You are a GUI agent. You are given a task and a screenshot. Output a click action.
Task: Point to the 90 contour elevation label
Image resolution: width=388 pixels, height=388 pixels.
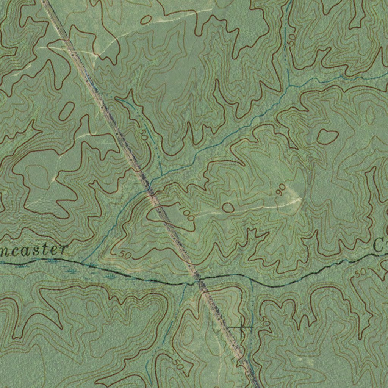point(281,190)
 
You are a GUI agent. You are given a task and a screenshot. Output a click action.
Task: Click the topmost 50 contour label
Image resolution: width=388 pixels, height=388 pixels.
point(291,40)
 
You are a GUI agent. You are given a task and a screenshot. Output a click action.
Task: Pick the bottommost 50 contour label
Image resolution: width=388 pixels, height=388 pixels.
point(178,365)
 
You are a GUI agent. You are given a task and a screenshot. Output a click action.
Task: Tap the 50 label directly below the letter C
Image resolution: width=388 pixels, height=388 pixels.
point(361,272)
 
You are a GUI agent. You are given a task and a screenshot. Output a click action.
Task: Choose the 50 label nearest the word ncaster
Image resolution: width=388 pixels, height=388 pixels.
point(124,255)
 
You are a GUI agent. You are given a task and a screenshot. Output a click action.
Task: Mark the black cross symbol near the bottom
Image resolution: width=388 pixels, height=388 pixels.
point(242,327)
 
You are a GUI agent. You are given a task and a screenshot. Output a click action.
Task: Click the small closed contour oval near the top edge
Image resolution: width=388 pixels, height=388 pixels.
point(146,20)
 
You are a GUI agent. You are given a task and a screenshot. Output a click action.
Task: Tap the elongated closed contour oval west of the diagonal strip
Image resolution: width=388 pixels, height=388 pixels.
point(67,111)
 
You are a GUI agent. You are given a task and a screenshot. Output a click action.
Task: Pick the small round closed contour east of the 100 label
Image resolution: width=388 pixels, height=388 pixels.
point(228,207)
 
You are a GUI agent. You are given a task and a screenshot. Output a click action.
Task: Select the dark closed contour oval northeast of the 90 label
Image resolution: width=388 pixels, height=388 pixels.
point(327,136)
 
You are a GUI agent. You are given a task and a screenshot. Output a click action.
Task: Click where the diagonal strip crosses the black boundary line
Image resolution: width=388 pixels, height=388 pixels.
point(197,280)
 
